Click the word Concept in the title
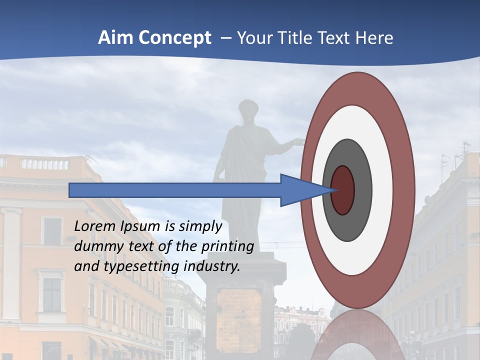174,38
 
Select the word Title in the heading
298,38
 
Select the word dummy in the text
94,246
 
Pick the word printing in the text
228,246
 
